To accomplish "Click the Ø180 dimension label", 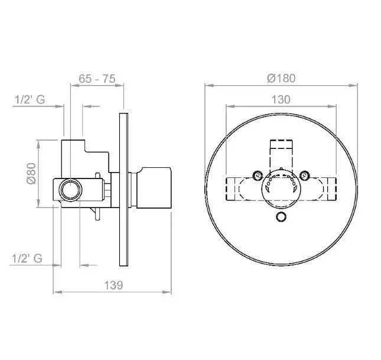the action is [281, 78].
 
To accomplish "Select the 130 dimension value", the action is [281, 100].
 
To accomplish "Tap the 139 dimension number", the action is [113, 285].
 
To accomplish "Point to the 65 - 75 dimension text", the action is [97, 79].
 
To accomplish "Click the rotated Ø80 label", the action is [31, 173].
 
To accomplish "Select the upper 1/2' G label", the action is [30, 100].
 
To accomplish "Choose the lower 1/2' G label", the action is [27, 258].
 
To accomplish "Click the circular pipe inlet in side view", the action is [71, 190].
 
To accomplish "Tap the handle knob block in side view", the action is [154, 187].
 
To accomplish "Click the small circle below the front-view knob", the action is [281, 217].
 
